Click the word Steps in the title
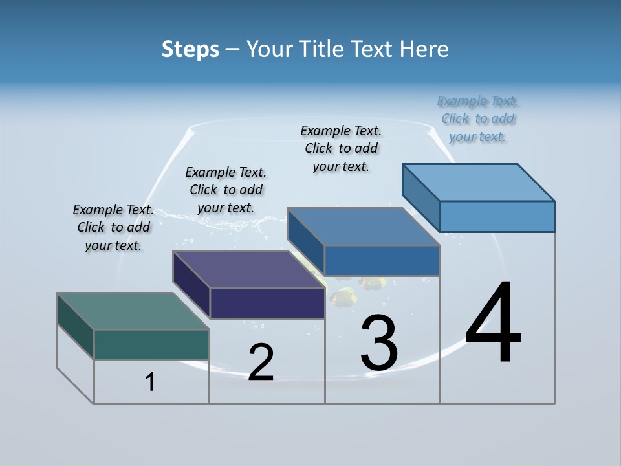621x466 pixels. click(190, 49)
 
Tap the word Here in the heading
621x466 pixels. click(424, 49)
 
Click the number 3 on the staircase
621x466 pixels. click(379, 343)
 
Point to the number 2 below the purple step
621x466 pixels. click(261, 362)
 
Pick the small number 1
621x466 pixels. click(150, 383)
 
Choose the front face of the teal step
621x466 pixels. click(151, 344)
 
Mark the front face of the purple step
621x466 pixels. click(267, 303)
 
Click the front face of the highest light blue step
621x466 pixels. click(497, 216)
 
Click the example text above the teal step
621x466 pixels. click(113, 227)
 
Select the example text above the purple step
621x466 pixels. click(226, 190)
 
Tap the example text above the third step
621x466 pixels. click(341, 148)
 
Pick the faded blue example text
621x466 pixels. click(477, 118)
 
